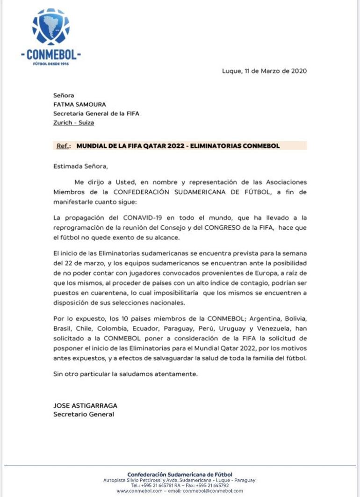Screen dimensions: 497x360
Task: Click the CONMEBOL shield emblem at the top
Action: tap(50, 28)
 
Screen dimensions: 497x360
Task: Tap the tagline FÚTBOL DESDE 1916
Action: tap(51, 64)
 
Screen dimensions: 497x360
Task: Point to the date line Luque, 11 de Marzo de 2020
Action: tap(264, 71)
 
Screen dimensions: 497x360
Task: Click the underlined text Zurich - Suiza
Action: tap(73, 122)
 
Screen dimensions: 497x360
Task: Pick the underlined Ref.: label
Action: tap(64, 146)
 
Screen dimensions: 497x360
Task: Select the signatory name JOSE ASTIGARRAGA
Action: tap(85, 405)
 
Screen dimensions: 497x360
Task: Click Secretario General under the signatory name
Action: tap(84, 414)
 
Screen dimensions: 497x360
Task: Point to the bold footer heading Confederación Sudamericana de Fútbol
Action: tap(180, 475)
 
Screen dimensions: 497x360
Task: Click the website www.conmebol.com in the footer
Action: tap(139, 491)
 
